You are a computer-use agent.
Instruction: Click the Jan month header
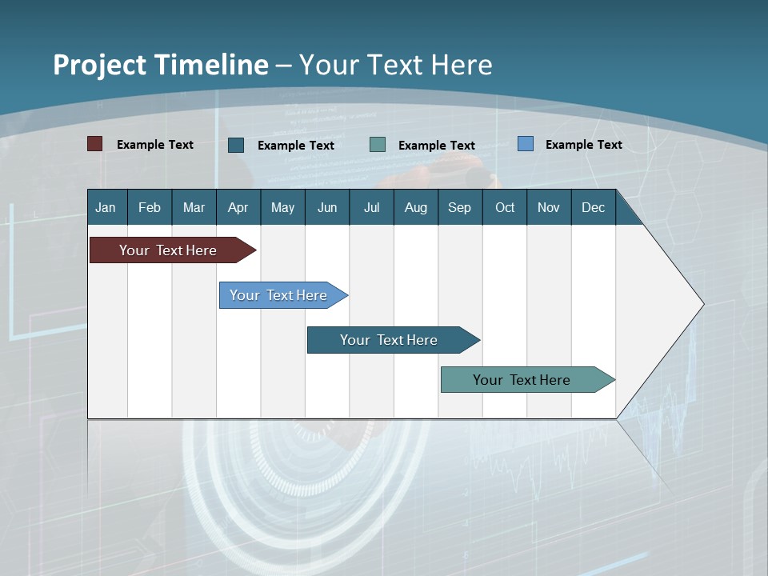(106, 207)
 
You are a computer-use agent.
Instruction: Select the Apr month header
(238, 207)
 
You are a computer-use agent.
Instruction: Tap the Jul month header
(371, 207)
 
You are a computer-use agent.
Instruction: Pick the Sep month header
(459, 207)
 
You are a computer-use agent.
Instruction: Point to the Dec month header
(593, 207)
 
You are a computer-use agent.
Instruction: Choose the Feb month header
(150, 207)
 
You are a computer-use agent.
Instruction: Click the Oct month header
(505, 207)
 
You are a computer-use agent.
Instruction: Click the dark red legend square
(94, 144)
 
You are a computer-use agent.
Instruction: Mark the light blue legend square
(525, 144)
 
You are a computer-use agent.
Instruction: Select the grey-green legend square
(378, 145)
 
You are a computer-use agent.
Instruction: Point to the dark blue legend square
(236, 145)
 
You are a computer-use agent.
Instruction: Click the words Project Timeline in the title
(161, 65)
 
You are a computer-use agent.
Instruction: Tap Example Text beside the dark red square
(155, 145)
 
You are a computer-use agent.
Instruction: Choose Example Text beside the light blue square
(583, 145)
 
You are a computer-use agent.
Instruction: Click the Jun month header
(327, 207)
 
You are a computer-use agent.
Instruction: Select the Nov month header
(549, 207)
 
